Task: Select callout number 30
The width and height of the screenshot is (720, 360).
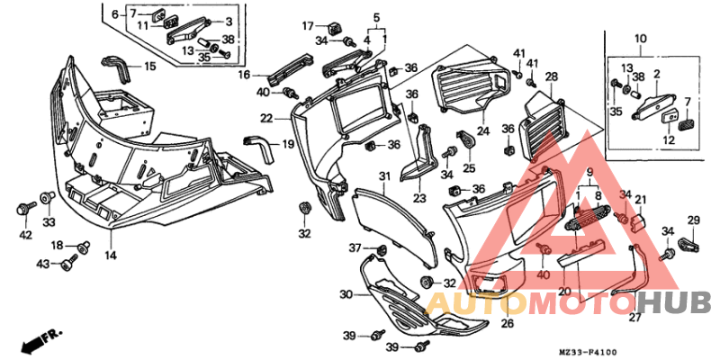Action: [x=346, y=294]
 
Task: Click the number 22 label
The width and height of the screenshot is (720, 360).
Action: [x=266, y=118]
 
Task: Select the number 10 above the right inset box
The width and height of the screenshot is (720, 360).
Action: [x=640, y=39]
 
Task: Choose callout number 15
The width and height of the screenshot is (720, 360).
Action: [x=149, y=67]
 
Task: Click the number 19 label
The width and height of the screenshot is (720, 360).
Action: [x=288, y=144]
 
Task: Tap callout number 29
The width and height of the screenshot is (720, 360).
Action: [x=694, y=220]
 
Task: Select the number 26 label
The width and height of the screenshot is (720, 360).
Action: [x=507, y=323]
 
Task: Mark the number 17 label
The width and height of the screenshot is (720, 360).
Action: [x=308, y=25]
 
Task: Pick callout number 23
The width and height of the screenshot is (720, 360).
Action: [x=419, y=198]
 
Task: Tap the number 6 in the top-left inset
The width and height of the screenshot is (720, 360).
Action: [x=114, y=15]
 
